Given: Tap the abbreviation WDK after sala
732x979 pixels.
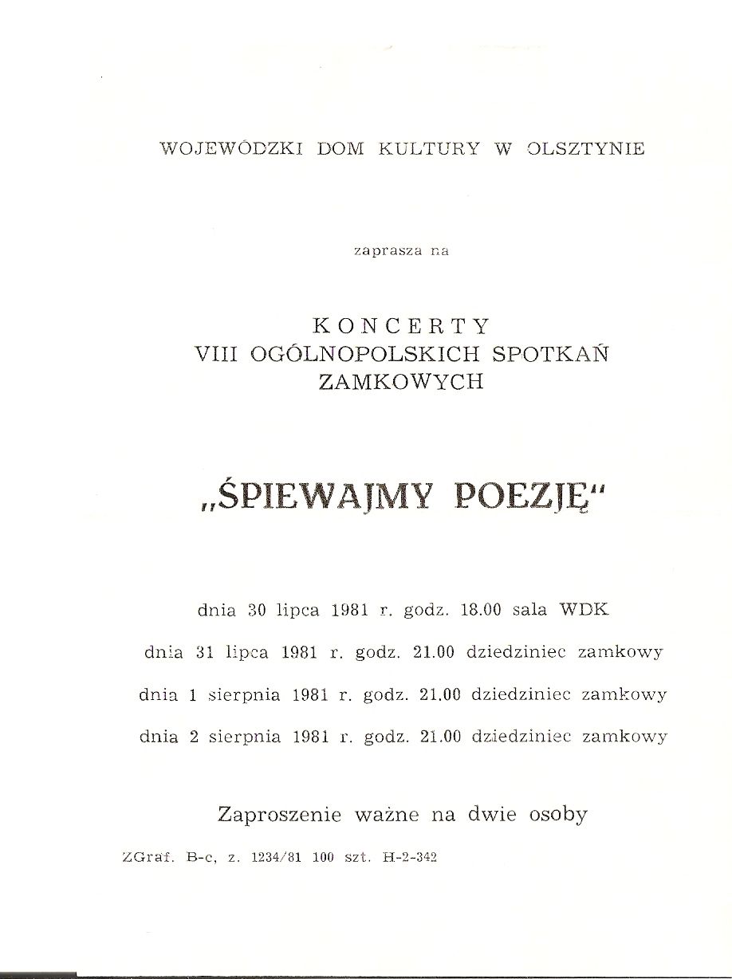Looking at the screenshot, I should [585, 611].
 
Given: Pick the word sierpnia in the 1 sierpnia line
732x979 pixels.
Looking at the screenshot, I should [244, 695].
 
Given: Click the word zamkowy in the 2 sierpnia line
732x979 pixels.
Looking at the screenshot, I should [624, 737].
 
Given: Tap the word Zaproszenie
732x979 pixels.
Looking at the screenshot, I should [279, 815].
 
